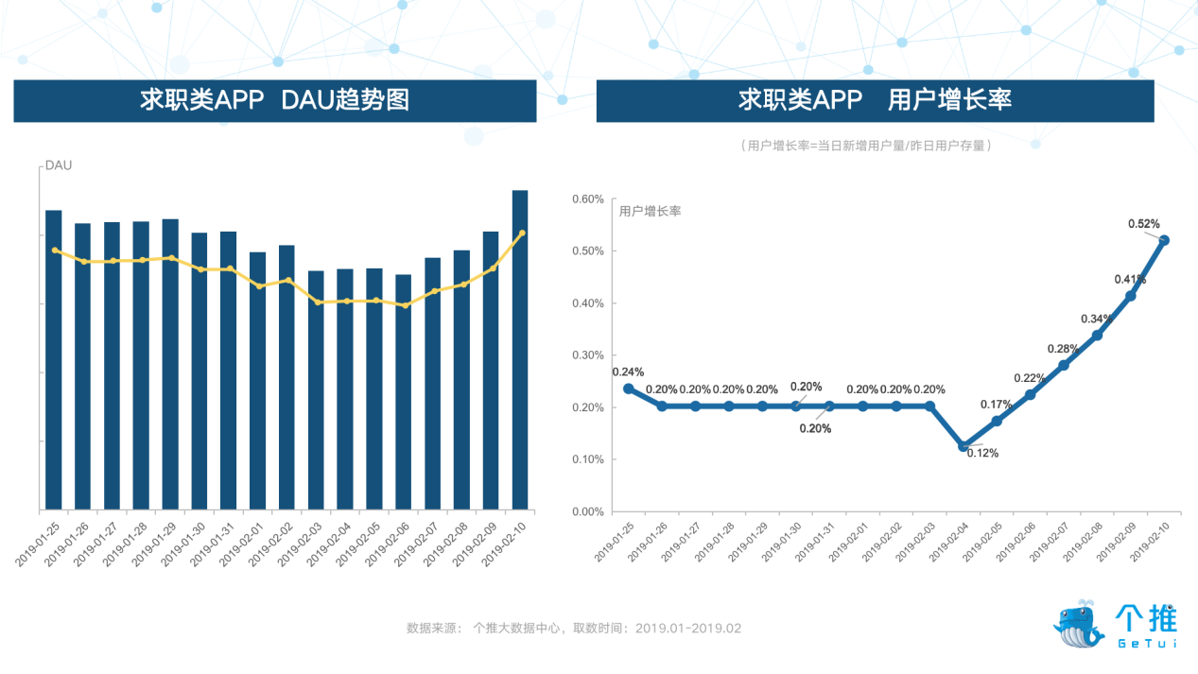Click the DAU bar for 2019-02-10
(520, 350)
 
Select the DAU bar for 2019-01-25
(54, 359)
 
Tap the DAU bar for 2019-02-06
(403, 392)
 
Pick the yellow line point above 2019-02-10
(522, 233)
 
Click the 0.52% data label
(1144, 224)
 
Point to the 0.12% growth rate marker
(964, 445)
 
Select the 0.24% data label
(628, 372)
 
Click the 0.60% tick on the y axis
(587, 199)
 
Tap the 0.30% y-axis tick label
(587, 355)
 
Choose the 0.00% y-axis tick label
(587, 511)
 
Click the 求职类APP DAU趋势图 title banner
(275, 100)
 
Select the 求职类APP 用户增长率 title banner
(875, 100)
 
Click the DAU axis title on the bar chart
(59, 165)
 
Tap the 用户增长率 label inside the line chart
(650, 211)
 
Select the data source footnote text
(574, 628)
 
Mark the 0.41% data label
(1130, 279)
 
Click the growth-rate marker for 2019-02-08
(1097, 335)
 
